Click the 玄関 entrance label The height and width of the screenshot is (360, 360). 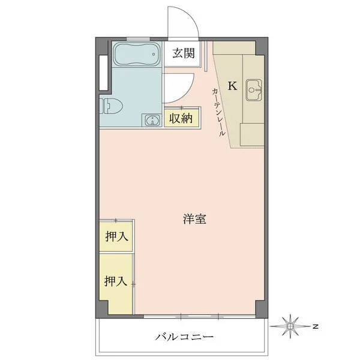184,53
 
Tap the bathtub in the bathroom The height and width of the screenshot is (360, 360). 137,54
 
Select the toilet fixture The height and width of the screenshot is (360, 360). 111,106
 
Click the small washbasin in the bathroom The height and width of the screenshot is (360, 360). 151,119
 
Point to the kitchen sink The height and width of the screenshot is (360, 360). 254,90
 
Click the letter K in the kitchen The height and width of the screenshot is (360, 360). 232,86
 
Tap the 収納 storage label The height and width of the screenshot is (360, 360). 181,118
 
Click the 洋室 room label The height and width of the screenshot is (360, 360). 194,219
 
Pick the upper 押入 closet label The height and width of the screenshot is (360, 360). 116,236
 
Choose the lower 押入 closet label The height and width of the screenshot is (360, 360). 116,281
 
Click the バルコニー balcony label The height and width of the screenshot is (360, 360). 185,337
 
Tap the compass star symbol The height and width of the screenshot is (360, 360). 290,326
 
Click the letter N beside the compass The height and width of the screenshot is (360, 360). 316,326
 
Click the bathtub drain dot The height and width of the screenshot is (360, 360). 154,55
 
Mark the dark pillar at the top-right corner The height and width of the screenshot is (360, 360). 262,46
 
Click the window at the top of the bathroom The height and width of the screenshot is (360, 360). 138,39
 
